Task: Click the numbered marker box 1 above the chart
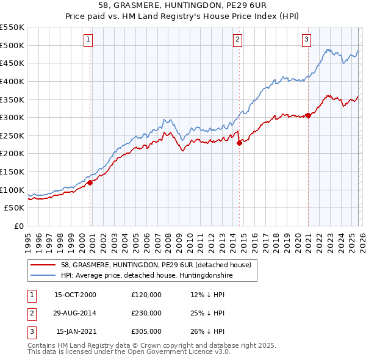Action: pos(88,40)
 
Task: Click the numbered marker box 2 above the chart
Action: pos(237,40)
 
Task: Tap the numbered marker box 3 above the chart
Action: pos(306,40)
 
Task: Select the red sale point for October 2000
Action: pos(90,182)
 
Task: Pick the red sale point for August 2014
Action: pos(239,143)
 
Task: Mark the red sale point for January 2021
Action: pos(308,115)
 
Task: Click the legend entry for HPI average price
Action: pos(146,275)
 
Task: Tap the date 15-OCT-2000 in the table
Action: pos(75,295)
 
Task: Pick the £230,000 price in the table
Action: pos(146,313)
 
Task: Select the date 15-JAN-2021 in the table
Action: pos(75,331)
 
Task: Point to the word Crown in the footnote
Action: pos(127,345)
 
